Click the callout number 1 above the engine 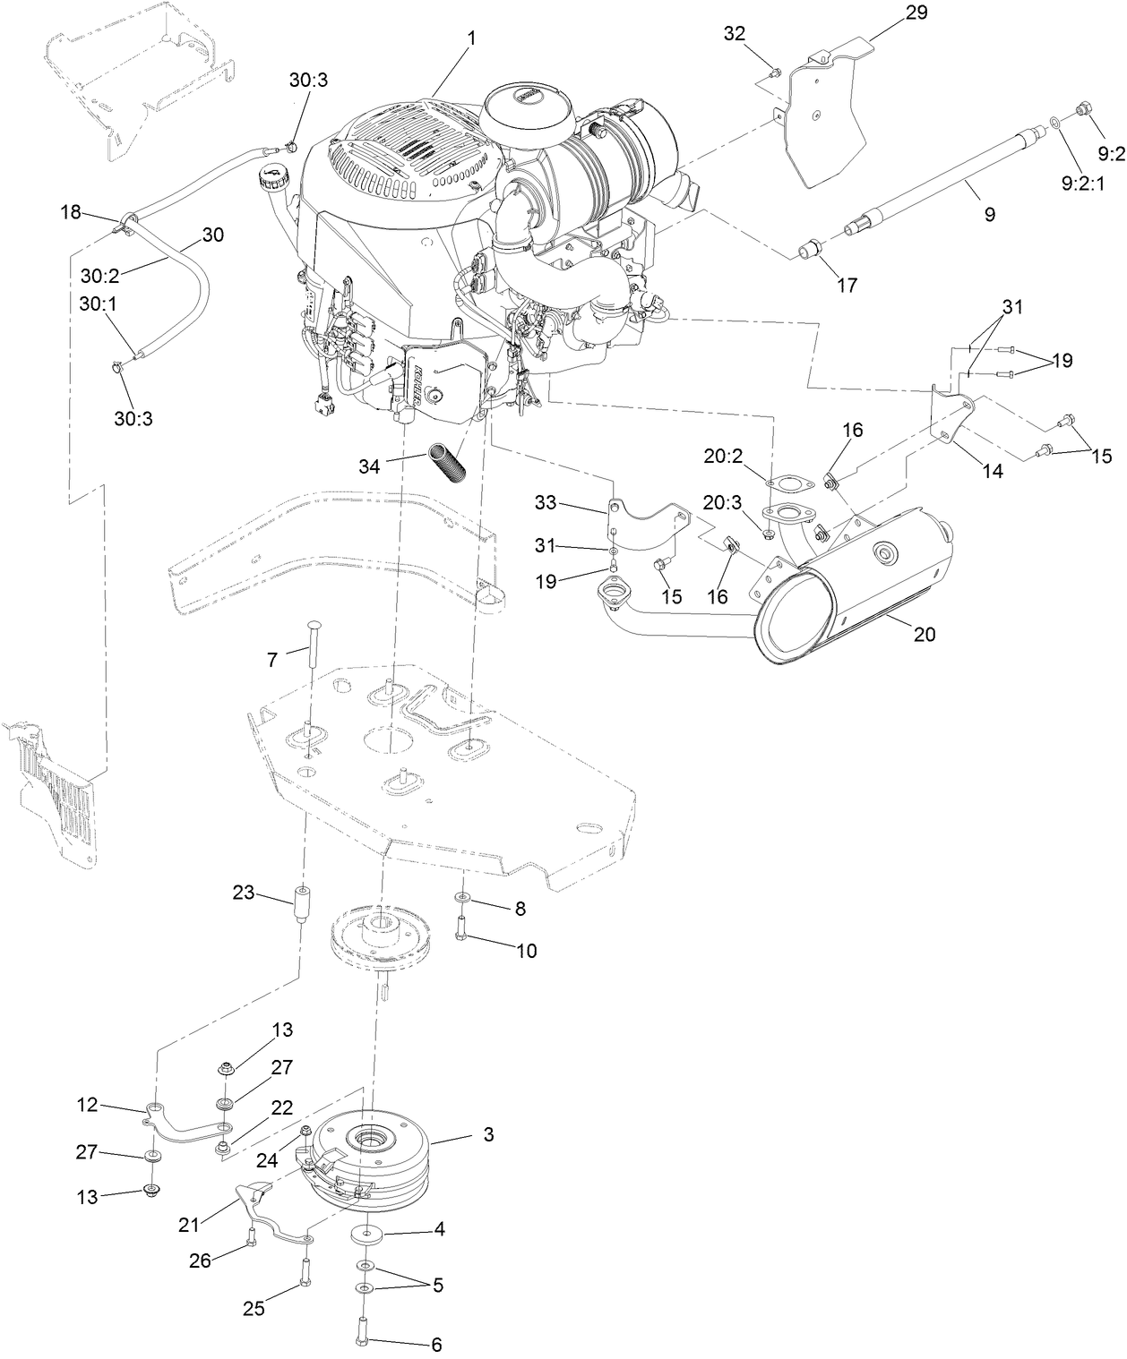tap(471, 39)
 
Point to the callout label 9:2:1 tap(1083, 183)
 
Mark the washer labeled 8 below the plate tap(461, 897)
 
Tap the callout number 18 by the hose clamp tap(71, 212)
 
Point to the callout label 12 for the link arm tap(87, 1105)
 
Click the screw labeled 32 tap(776, 72)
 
